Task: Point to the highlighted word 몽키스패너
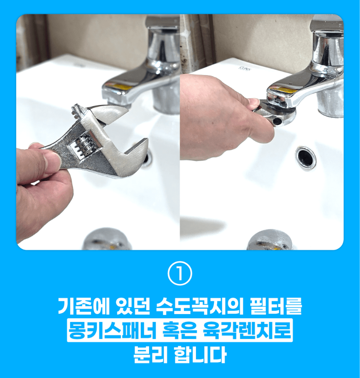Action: tap(111, 330)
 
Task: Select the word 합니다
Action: tap(200, 354)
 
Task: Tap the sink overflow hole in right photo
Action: tap(306, 158)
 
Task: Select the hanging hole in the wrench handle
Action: tap(277, 121)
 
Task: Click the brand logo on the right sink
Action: tap(245, 69)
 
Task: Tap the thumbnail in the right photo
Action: tap(253, 102)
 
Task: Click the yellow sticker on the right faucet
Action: tap(285, 91)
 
